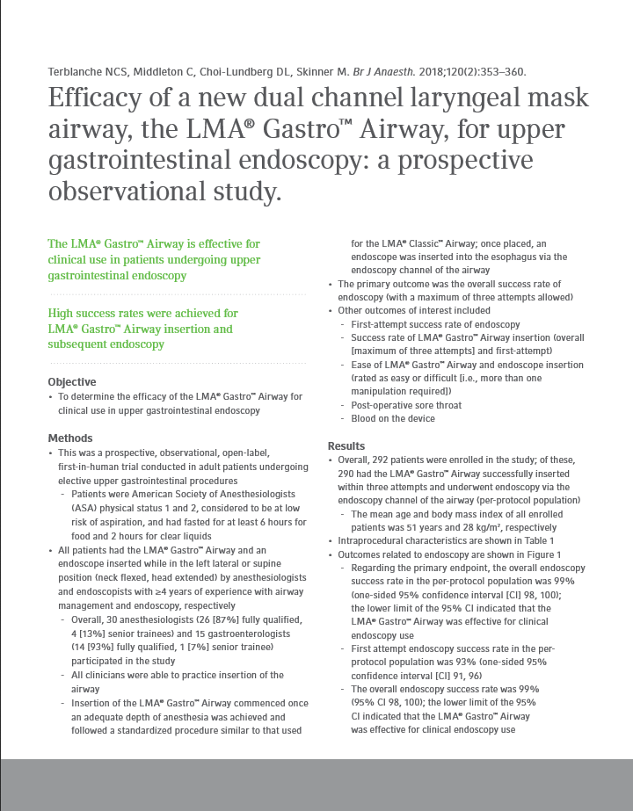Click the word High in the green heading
(x=62, y=314)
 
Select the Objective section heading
(x=72, y=382)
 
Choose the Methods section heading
(x=69, y=438)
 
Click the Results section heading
(x=346, y=446)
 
